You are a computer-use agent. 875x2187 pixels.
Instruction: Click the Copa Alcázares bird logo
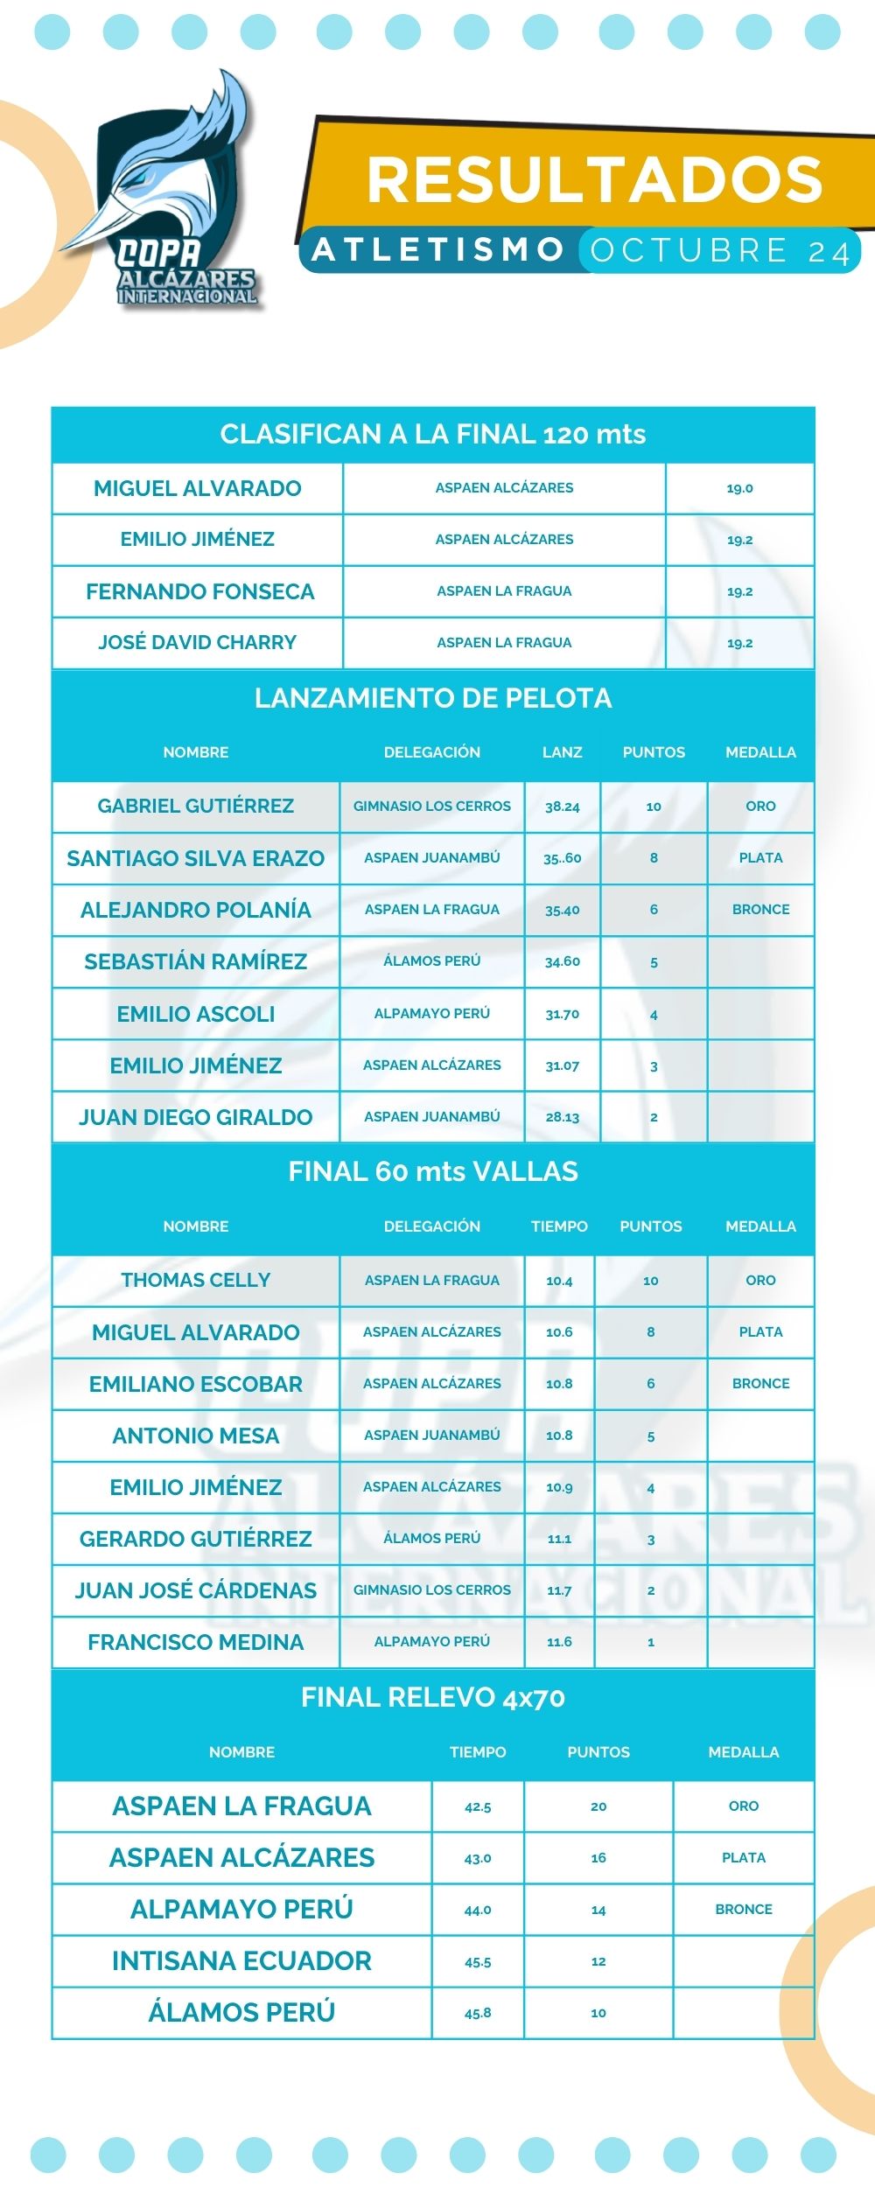pyautogui.click(x=171, y=197)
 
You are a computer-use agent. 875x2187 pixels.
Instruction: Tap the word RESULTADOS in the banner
pyautogui.click(x=595, y=179)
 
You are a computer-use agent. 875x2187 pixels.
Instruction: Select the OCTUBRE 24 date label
pyautogui.click(x=719, y=251)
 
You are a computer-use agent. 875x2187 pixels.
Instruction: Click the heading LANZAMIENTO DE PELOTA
pyautogui.click(x=433, y=698)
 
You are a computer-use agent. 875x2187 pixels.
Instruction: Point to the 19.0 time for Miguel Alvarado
pyautogui.click(x=739, y=488)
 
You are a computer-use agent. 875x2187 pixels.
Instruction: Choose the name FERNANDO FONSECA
pyautogui.click(x=199, y=591)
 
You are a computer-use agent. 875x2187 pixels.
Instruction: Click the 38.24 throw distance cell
pyautogui.click(x=562, y=807)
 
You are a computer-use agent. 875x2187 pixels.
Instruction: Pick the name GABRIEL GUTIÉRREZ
pyautogui.click(x=196, y=806)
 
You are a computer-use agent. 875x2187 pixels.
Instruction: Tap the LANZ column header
pyautogui.click(x=562, y=752)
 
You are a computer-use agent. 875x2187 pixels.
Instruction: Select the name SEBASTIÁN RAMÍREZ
pyautogui.click(x=196, y=961)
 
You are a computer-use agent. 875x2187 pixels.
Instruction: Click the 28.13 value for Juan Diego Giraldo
pyautogui.click(x=562, y=1117)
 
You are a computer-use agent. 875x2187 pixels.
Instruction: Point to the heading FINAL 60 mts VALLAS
pyautogui.click(x=433, y=1171)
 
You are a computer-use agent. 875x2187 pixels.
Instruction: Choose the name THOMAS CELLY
pyautogui.click(x=196, y=1280)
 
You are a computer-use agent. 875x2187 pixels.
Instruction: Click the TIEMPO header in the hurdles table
pyautogui.click(x=559, y=1226)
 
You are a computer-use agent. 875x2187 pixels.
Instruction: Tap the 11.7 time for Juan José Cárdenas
pyautogui.click(x=559, y=1590)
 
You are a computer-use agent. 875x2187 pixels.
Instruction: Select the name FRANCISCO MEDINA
pyautogui.click(x=196, y=1642)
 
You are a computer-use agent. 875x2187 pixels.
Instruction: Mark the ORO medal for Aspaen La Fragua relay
pyautogui.click(x=744, y=1806)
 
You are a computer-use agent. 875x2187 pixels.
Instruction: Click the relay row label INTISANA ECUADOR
pyautogui.click(x=241, y=1960)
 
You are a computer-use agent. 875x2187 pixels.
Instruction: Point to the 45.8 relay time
pyautogui.click(x=478, y=2012)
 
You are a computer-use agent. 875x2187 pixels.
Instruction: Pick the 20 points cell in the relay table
pyautogui.click(x=598, y=1806)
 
